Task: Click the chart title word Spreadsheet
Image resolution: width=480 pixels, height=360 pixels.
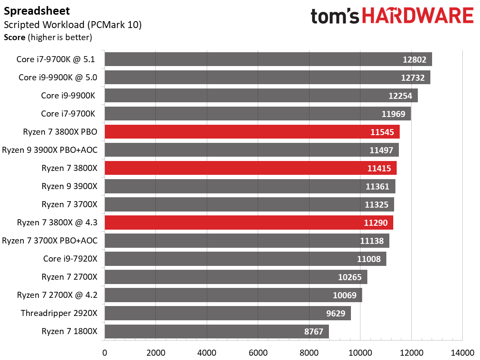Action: [x=37, y=11]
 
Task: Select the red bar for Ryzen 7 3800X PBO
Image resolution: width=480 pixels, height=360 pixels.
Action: [x=252, y=132]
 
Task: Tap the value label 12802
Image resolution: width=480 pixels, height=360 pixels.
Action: [x=414, y=60]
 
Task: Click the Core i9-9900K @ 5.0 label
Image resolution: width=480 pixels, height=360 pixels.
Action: [x=58, y=77]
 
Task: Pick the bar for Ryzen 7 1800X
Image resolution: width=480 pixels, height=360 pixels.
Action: [x=217, y=332]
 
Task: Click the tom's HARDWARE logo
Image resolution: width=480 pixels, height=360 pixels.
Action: [x=392, y=16]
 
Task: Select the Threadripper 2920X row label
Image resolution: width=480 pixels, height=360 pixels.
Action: [x=59, y=313]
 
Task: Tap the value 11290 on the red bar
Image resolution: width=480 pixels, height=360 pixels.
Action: [x=376, y=223]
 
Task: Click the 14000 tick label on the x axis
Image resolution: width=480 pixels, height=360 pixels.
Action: [x=462, y=353]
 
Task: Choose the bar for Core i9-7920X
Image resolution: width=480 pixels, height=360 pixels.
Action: [x=245, y=259]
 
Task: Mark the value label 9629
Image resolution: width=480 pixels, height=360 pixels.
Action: [x=335, y=313]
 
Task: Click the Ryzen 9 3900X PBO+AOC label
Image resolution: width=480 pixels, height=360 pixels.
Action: [x=50, y=150]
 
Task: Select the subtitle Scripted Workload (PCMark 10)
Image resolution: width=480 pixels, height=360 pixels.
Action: [x=73, y=25]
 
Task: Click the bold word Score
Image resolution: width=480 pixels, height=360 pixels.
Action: [x=14, y=38]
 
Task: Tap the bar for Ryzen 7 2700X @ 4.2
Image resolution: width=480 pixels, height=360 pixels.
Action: [x=233, y=295]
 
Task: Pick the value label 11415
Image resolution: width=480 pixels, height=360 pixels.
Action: [x=379, y=168]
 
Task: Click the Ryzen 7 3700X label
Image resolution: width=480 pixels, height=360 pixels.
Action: [x=69, y=205]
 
